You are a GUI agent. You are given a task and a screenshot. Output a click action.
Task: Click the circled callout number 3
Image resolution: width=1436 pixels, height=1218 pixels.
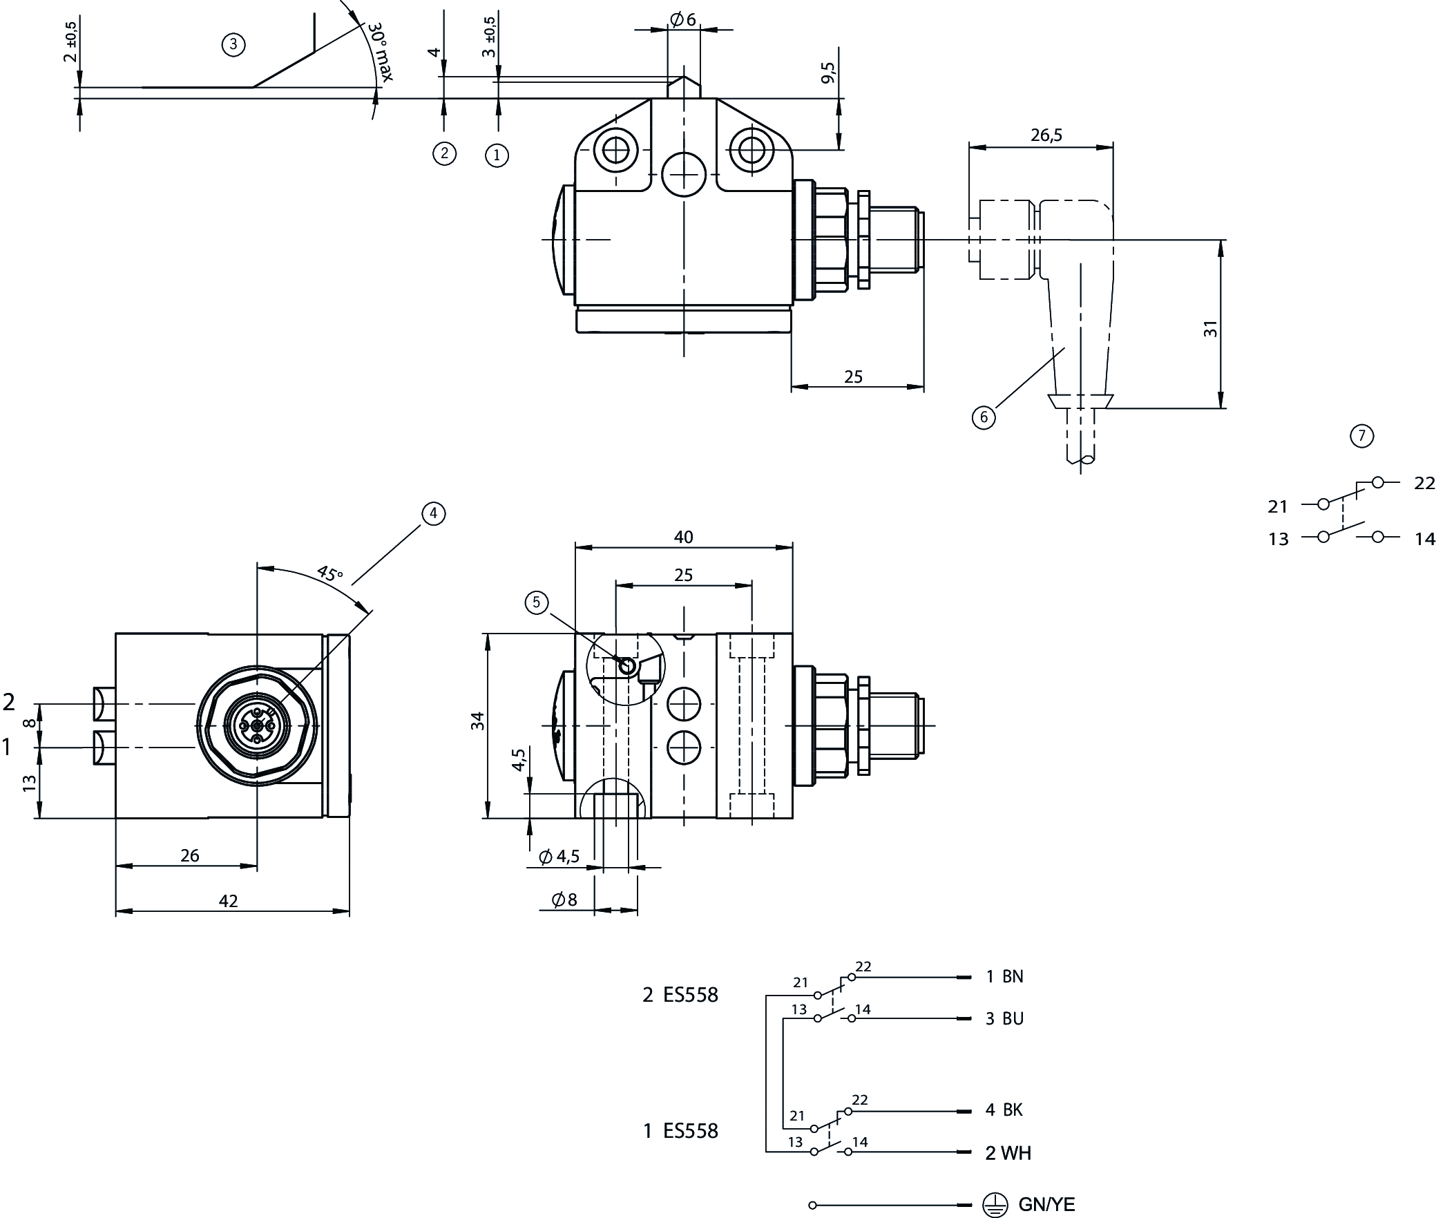(233, 45)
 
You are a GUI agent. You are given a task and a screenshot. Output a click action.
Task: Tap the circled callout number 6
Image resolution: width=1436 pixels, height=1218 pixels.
(984, 417)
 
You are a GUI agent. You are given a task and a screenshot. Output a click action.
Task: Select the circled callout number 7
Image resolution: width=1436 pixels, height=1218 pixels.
(1361, 436)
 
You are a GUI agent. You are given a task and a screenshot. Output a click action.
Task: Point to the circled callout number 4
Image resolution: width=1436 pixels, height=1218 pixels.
(433, 513)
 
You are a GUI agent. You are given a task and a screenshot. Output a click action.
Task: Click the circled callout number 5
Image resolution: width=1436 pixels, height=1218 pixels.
(536, 602)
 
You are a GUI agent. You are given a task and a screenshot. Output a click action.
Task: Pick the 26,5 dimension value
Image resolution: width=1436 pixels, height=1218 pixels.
(1046, 135)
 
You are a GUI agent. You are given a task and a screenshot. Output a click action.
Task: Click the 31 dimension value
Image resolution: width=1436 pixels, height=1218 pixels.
(1211, 328)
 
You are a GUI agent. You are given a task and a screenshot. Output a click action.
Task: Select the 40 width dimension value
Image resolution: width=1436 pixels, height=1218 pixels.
(683, 537)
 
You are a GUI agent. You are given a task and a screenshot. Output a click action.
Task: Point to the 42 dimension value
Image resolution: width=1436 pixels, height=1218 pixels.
(228, 901)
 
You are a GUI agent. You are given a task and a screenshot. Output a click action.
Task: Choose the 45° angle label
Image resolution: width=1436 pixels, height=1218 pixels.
(329, 573)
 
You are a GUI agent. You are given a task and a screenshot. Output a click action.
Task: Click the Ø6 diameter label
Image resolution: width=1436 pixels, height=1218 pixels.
(682, 20)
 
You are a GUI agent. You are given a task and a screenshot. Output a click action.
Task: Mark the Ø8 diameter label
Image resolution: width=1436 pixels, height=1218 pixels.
(564, 900)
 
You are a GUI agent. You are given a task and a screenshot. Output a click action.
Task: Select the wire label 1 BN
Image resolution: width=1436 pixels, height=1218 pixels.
(1004, 976)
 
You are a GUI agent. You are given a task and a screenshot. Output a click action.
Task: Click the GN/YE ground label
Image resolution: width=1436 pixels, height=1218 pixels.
(1046, 1205)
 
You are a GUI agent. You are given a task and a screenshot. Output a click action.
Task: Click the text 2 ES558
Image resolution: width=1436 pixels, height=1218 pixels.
(680, 995)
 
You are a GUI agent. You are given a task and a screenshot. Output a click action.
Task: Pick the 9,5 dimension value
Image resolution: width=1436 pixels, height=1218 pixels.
(828, 73)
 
